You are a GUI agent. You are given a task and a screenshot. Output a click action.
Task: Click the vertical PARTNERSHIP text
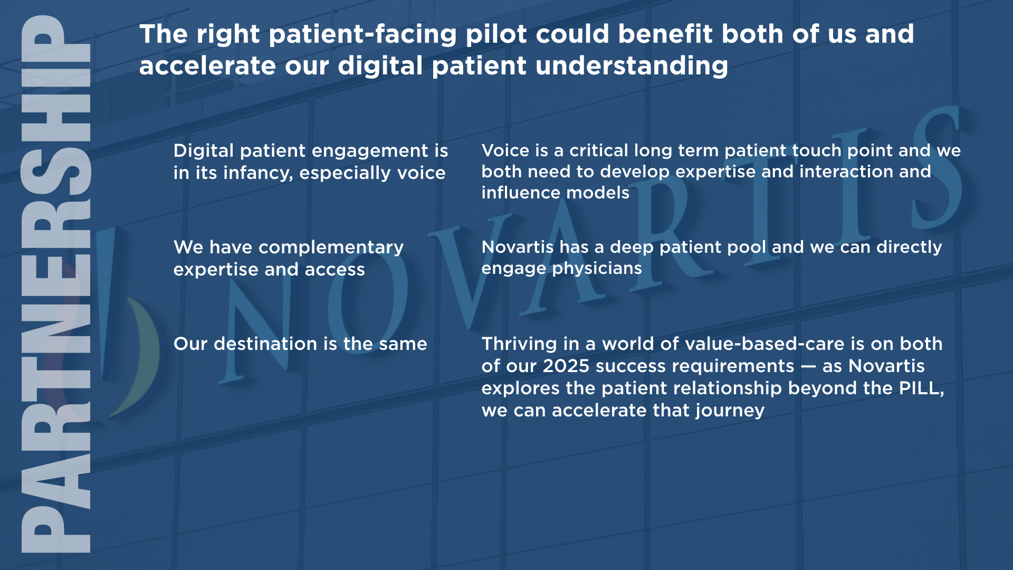coord(56,284)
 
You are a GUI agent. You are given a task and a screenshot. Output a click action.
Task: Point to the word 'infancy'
coord(258,174)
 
